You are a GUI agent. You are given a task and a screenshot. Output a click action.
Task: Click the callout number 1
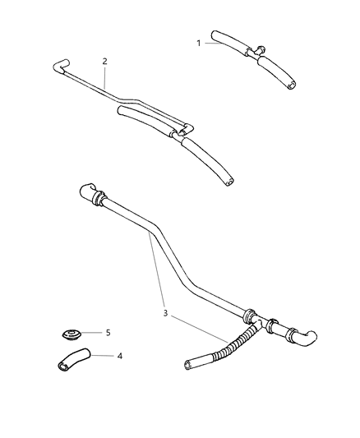[x=198, y=44]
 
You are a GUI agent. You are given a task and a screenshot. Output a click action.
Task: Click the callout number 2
[x=104, y=61]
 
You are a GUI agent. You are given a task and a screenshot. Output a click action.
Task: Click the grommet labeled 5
[x=72, y=335]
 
